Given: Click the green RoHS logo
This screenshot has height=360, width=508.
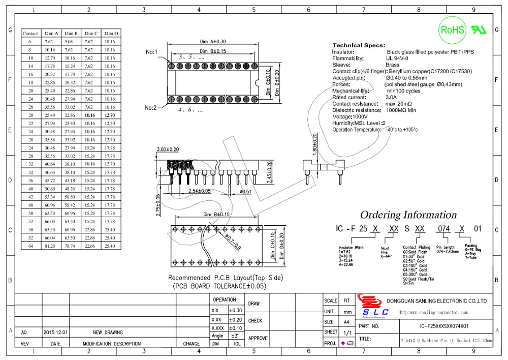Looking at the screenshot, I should (x=453, y=30).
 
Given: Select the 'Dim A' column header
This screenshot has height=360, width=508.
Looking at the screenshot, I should (x=51, y=34).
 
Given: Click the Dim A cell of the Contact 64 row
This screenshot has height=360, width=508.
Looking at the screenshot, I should (x=49, y=246).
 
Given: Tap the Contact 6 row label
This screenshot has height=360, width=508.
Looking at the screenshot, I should (x=30, y=42).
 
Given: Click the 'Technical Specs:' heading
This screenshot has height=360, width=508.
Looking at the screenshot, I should (x=359, y=46).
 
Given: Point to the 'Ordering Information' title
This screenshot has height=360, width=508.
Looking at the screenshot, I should (x=408, y=215).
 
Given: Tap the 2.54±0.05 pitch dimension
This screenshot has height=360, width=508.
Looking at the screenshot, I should (x=200, y=192).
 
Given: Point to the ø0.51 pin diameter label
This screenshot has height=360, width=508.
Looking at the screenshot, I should (x=245, y=192).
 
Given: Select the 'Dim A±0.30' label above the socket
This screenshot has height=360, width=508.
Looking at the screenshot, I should (x=213, y=42).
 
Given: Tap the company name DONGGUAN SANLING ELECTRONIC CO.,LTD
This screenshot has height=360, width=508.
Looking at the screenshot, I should (x=437, y=301).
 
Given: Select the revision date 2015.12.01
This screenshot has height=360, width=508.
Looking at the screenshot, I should (x=56, y=333).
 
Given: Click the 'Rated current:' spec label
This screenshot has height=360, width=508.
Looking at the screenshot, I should (x=349, y=97).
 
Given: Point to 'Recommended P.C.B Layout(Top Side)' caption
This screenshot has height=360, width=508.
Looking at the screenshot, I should (x=226, y=278).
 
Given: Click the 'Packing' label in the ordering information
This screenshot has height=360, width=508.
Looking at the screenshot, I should (x=471, y=246).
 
